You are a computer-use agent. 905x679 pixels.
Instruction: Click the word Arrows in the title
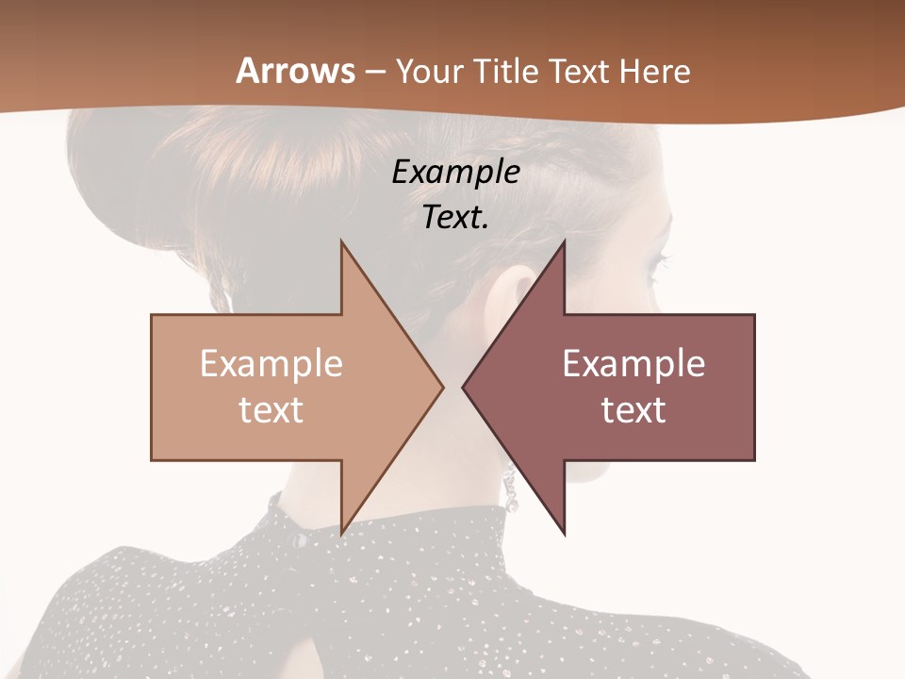295,71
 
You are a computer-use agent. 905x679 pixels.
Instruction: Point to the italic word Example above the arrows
455,173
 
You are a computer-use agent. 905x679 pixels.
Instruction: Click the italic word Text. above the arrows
455,218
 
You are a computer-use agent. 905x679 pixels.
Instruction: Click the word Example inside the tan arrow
271,364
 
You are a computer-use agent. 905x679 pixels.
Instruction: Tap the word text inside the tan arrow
271,410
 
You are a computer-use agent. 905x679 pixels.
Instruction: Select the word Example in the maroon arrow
633,364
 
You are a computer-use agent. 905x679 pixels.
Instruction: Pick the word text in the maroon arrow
633,410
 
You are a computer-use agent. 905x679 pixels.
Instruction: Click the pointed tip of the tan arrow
441,387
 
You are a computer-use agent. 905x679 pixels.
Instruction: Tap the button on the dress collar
299,539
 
